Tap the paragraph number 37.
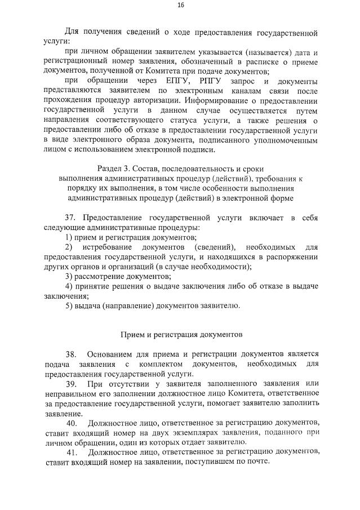[x=72, y=218]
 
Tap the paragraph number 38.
[x=71, y=354]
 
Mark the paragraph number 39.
[x=71, y=384]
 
